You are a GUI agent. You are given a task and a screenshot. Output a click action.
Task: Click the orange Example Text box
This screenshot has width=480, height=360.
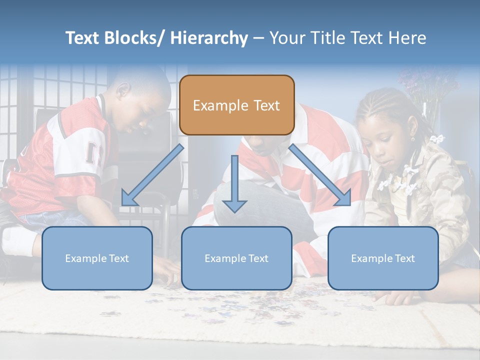[x=236, y=105]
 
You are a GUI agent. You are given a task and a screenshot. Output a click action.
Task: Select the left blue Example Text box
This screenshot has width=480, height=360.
[x=97, y=258]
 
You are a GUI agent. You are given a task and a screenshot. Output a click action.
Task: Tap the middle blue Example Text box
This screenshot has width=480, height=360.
[x=236, y=258]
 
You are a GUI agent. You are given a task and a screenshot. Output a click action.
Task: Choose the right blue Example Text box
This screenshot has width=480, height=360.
[x=383, y=258]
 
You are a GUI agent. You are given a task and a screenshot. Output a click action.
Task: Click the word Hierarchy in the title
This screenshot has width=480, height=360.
[x=209, y=38]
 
